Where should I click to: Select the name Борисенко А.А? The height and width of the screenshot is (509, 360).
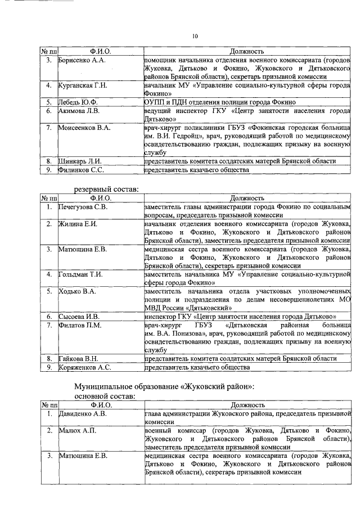click(x=83, y=60)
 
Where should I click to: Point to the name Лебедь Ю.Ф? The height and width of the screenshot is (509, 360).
click(x=78, y=102)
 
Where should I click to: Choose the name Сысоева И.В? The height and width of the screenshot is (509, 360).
click(x=80, y=317)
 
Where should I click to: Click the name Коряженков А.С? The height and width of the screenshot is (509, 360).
click(x=85, y=367)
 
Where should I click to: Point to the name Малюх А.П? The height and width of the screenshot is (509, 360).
click(x=78, y=430)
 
